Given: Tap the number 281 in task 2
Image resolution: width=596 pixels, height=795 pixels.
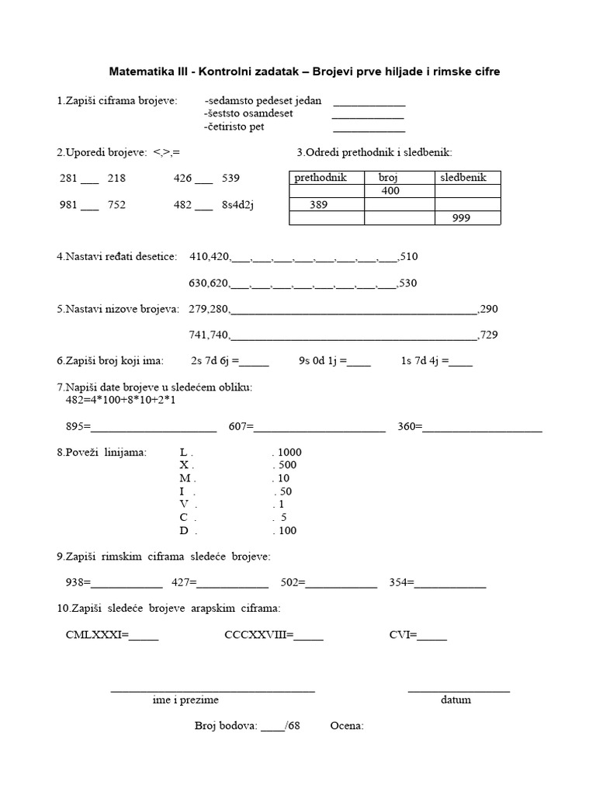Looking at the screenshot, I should (x=69, y=178).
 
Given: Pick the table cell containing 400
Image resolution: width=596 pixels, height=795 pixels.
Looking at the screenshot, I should (x=390, y=190).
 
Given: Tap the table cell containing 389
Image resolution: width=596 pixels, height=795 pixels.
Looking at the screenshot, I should (x=318, y=204).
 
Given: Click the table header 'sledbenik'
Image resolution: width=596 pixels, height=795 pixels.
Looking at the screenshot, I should (x=463, y=177).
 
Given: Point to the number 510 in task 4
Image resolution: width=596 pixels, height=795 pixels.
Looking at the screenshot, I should (x=408, y=256).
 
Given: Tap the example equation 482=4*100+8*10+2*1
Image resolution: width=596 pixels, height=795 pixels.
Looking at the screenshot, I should (x=121, y=400).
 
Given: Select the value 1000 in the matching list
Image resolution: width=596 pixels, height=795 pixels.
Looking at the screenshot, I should (x=289, y=452).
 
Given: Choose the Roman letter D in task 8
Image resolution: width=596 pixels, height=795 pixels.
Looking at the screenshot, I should (x=184, y=531).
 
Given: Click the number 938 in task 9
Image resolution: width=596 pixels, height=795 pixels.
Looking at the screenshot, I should (x=75, y=583).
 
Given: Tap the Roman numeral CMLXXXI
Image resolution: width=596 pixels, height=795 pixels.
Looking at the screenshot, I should (x=93, y=635).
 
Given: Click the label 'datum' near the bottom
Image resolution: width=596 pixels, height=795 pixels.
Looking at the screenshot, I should (x=456, y=700).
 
